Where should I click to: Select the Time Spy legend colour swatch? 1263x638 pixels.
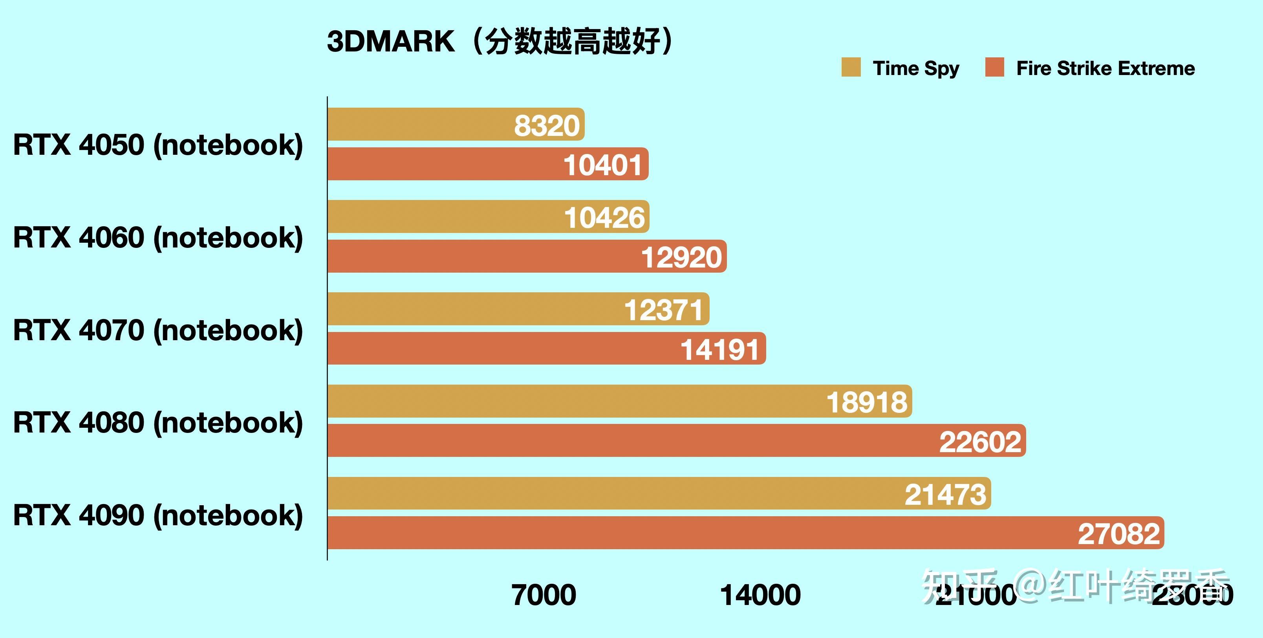851,68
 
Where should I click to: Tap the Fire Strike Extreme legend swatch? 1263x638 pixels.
994,68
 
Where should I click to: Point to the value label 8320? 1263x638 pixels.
547,126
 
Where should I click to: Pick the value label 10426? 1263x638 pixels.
604,218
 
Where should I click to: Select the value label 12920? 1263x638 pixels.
681,257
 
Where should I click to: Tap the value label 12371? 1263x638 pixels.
664,310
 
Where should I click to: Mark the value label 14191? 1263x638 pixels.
720,350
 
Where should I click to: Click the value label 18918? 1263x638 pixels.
867,402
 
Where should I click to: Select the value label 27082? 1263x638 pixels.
1119,533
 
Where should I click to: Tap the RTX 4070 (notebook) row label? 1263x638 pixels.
158,330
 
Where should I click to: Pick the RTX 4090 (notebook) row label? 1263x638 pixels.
158,515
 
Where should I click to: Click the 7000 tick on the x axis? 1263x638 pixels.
544,595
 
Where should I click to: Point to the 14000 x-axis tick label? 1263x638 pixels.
760,595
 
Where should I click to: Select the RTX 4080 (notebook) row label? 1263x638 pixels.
158,422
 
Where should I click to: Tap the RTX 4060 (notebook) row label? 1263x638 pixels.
158,237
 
